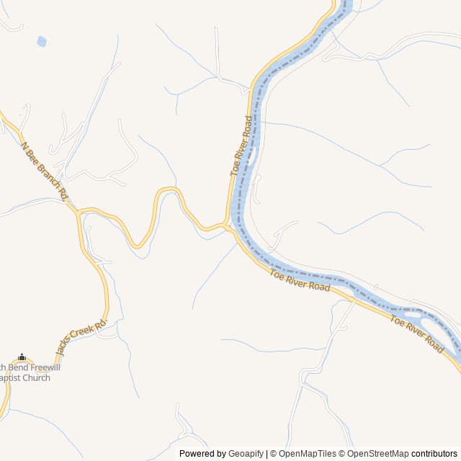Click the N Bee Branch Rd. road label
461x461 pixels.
point(45,171)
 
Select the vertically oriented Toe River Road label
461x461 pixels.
point(242,146)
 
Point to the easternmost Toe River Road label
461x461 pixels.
point(417,334)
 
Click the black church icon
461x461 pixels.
point(22,357)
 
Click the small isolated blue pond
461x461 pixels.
point(42,41)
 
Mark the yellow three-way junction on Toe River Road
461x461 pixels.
point(228,226)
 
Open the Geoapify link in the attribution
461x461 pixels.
point(246,454)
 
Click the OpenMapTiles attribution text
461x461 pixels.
point(307,454)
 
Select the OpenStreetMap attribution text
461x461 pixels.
point(378,454)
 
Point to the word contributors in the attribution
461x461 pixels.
point(434,454)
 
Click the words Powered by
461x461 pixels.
point(202,454)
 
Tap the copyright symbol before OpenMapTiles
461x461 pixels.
point(272,454)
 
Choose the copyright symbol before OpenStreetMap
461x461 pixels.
point(343,454)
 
